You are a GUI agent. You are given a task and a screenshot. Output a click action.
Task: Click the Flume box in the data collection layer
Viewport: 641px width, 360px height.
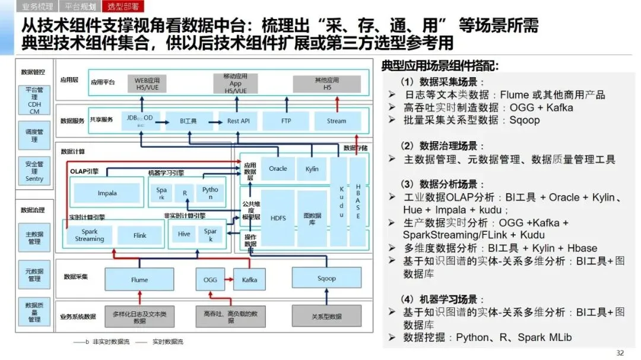coord(139,279)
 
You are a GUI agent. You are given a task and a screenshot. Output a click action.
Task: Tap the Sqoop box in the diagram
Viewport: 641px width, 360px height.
coord(326,278)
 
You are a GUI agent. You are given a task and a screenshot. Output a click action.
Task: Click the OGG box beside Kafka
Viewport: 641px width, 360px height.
coord(210,279)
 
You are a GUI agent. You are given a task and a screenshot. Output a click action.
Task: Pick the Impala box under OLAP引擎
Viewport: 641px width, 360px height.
coord(107,193)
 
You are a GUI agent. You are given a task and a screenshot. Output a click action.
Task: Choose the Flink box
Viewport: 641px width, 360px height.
coord(139,235)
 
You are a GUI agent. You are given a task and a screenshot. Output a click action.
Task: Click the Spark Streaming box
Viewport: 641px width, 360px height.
coord(90,235)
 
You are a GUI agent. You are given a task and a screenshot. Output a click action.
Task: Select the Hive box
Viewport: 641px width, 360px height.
coord(184,234)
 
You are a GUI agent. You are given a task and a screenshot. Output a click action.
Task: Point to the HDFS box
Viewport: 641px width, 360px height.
coord(278,218)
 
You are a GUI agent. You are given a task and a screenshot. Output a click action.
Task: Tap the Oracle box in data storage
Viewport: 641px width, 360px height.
coord(278,168)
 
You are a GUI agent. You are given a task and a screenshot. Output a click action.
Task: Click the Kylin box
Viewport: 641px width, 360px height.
coord(312,168)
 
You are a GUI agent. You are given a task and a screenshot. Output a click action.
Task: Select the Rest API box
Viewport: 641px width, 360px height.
coord(238,120)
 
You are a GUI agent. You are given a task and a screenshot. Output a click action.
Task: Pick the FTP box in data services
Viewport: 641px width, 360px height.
coord(286,120)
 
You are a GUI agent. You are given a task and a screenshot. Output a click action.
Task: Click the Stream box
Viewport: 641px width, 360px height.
coord(337,120)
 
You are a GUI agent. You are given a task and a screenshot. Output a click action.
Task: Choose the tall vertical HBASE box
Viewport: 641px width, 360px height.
coord(358,201)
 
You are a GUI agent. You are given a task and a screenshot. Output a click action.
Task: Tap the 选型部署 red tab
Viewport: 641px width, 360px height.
coord(123,7)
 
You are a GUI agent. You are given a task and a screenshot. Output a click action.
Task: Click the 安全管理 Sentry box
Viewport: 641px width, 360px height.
coord(34,171)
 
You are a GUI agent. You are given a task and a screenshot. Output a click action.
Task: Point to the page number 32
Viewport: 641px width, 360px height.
coord(620,353)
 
